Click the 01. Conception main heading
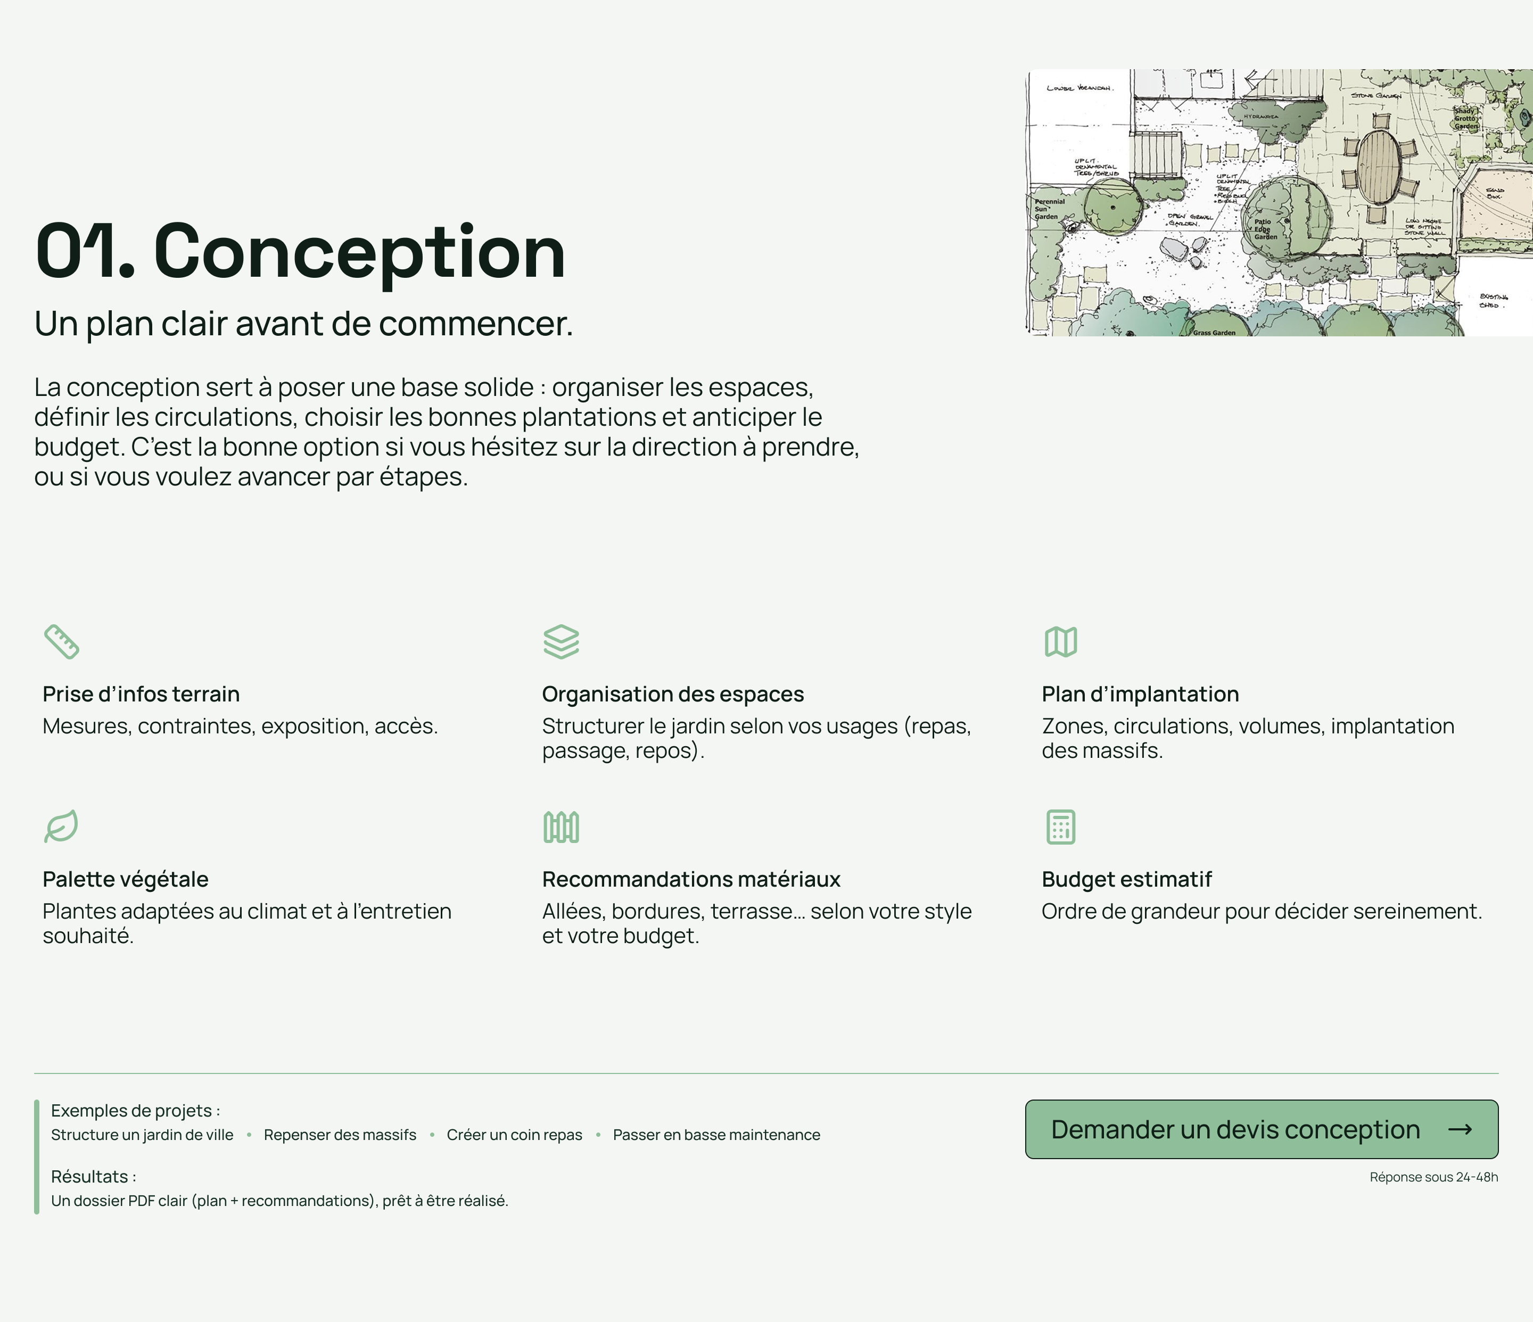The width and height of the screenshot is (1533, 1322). [x=300, y=252]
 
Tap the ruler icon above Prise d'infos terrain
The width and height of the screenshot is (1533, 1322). [x=61, y=641]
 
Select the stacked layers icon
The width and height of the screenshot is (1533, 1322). [x=561, y=641]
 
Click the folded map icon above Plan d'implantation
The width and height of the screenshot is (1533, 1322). [x=1060, y=641]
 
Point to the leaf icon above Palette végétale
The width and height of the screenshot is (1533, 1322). [x=61, y=827]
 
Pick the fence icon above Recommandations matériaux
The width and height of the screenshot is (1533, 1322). [x=561, y=827]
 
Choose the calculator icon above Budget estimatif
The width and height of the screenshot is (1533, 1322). [x=1060, y=827]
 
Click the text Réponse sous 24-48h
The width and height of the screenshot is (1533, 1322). [x=1433, y=1177]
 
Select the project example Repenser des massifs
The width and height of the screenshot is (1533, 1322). [x=340, y=1135]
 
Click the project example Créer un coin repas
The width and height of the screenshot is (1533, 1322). [x=514, y=1135]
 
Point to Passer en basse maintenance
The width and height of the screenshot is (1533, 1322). [x=716, y=1135]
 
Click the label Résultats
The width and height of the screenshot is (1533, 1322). [x=93, y=1176]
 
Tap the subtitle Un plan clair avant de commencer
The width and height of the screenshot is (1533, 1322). [x=303, y=323]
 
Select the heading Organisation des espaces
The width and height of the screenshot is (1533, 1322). [x=672, y=694]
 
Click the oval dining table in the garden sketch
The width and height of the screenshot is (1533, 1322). [x=1380, y=167]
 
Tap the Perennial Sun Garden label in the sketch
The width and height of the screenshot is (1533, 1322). [x=1049, y=209]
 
